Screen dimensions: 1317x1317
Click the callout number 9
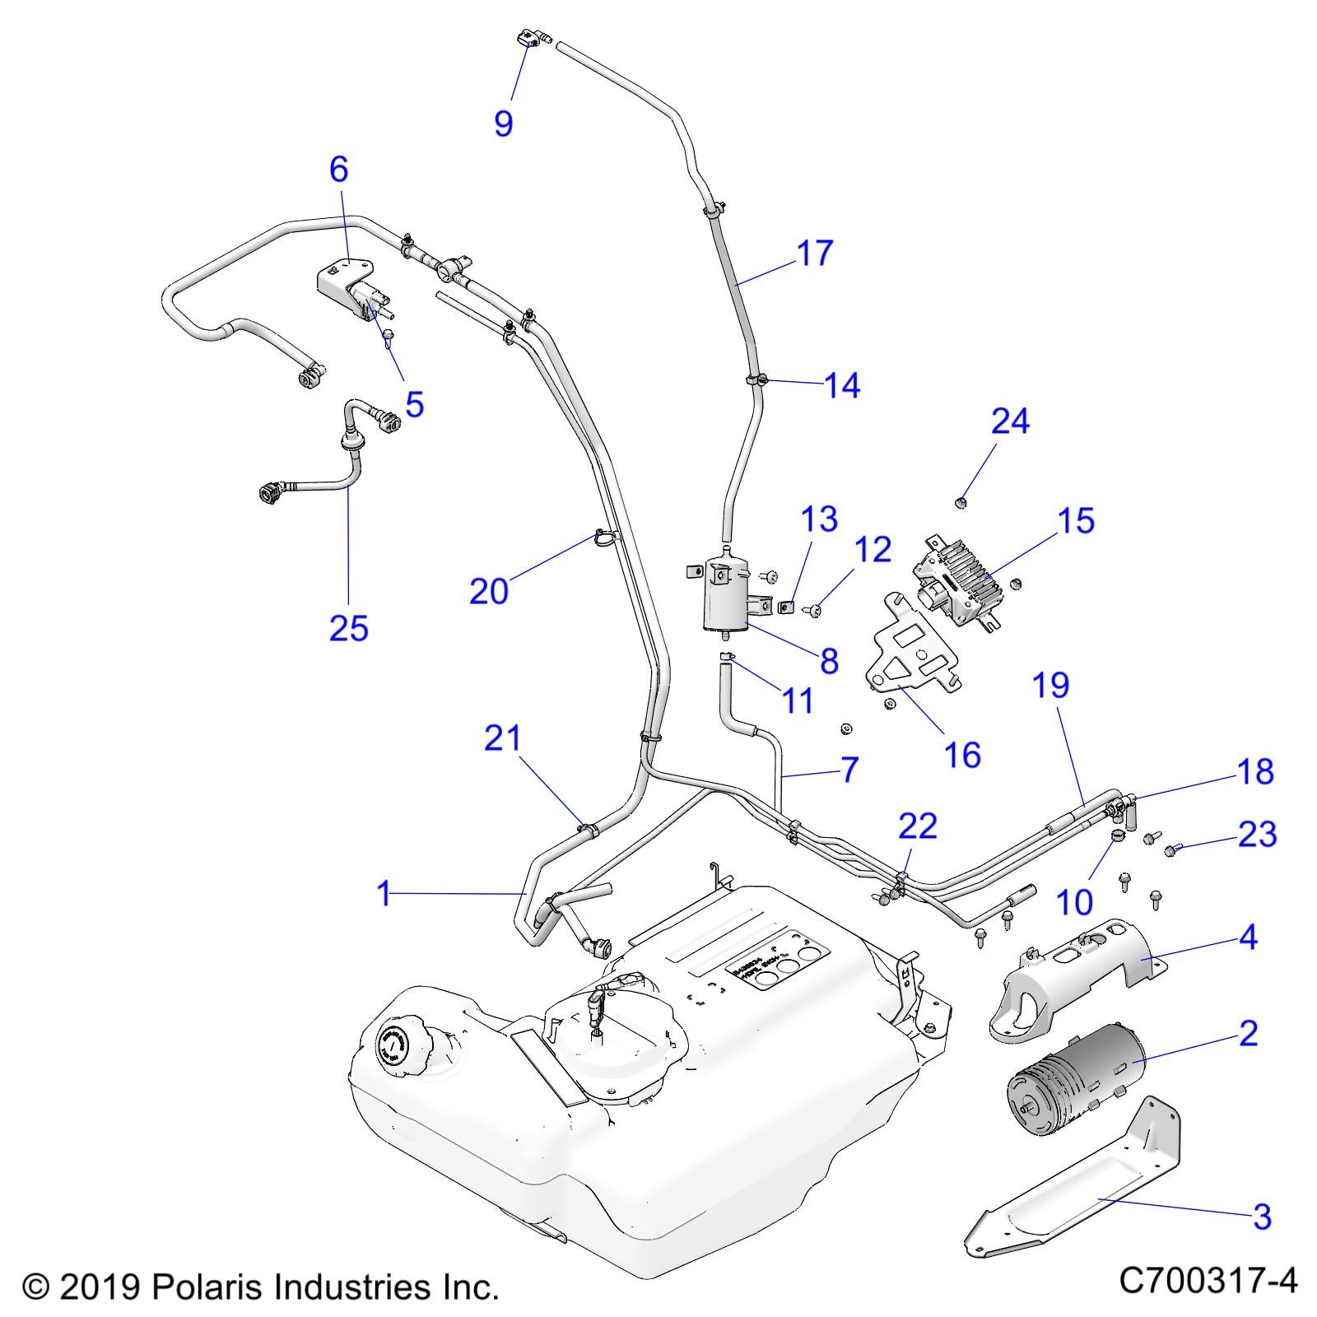503,123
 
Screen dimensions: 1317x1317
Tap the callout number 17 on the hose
815,254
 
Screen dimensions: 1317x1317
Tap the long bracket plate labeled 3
1070,1185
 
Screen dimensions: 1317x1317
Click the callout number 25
348,628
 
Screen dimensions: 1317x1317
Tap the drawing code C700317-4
1208,1281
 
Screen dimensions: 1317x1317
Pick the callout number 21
503,738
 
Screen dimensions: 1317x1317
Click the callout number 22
918,826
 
